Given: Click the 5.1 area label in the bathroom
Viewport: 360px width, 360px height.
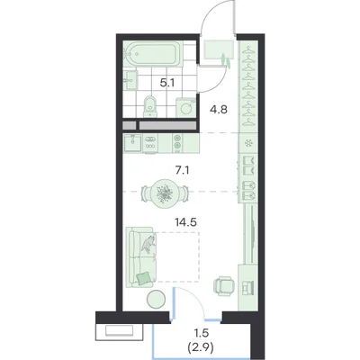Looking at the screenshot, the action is tap(167, 83).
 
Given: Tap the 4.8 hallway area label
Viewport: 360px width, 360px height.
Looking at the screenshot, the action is tap(219, 110).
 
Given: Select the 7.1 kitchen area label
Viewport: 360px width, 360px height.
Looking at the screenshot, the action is tap(183, 171).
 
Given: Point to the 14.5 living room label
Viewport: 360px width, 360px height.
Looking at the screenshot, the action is tap(185, 222).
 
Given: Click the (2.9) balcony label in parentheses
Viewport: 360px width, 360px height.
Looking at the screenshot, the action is tap(201, 348).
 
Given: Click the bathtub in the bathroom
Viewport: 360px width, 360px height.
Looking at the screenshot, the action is tap(154, 54).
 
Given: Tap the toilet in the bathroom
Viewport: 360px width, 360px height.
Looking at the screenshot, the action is tap(149, 106).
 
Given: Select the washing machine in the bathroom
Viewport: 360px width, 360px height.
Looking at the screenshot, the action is tap(186, 106).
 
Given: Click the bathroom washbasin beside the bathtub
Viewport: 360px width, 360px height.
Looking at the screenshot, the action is tap(130, 80).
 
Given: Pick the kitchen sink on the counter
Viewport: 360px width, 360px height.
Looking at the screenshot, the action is tap(133, 144).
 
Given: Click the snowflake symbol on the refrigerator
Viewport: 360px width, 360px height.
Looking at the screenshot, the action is tap(248, 143).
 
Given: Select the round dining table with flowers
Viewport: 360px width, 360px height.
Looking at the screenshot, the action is tap(165, 193).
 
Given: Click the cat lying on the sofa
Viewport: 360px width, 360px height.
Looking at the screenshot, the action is tap(148, 244).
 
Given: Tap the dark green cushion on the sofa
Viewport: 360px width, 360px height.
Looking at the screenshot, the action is tap(143, 277).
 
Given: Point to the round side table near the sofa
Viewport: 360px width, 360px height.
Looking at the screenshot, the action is tap(156, 299).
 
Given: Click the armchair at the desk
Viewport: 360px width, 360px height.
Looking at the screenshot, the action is tap(224, 285).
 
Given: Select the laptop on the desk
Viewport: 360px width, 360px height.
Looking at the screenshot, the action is tap(248, 286).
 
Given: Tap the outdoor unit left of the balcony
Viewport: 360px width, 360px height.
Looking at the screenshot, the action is tap(119, 331).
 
